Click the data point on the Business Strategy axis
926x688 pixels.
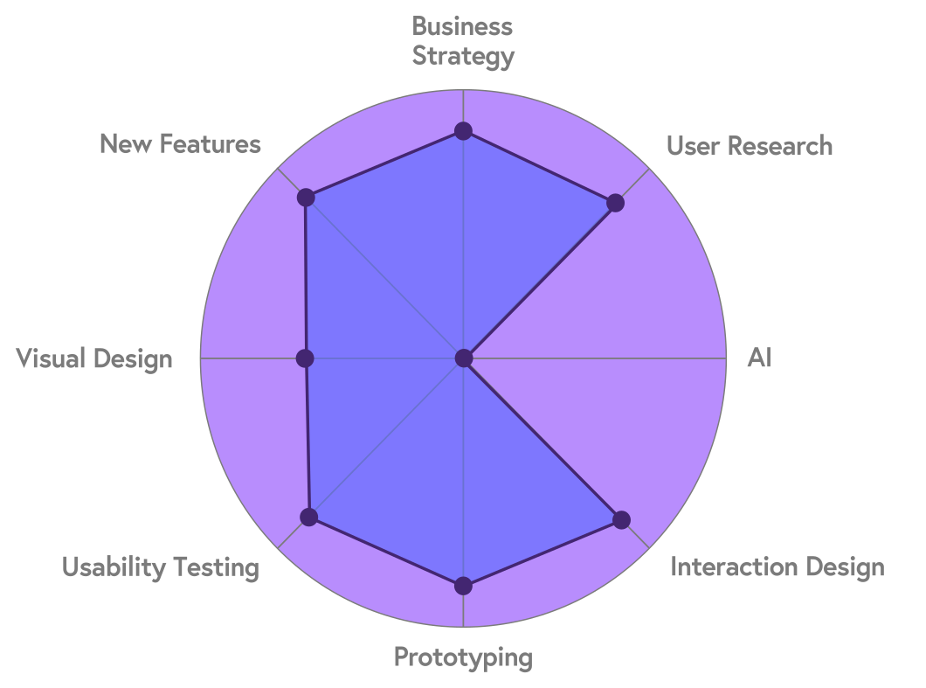pyautogui.click(x=463, y=131)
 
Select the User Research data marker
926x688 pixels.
pyautogui.click(x=616, y=204)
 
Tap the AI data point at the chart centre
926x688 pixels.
pyautogui.click(x=463, y=358)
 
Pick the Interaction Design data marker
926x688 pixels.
pyautogui.click(x=621, y=520)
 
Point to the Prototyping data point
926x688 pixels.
pyautogui.click(x=463, y=586)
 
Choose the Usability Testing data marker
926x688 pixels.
pyautogui.click(x=308, y=517)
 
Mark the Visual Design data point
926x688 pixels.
pyautogui.click(x=305, y=358)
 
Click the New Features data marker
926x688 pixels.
pyautogui.click(x=305, y=198)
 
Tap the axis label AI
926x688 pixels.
pyautogui.click(x=759, y=358)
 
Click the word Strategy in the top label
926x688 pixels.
pyautogui.click(x=463, y=57)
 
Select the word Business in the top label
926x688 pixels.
pyautogui.click(x=463, y=26)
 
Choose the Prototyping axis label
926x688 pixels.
pyautogui.click(x=463, y=657)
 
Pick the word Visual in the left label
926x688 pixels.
pyautogui.click(x=52, y=358)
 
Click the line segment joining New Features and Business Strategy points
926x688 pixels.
pyautogui.click(x=384, y=164)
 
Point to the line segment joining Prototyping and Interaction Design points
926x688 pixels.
pyautogui.click(x=542, y=553)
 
